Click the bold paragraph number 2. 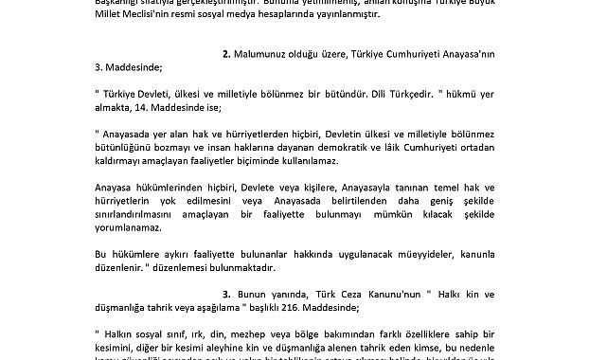click(226, 54)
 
